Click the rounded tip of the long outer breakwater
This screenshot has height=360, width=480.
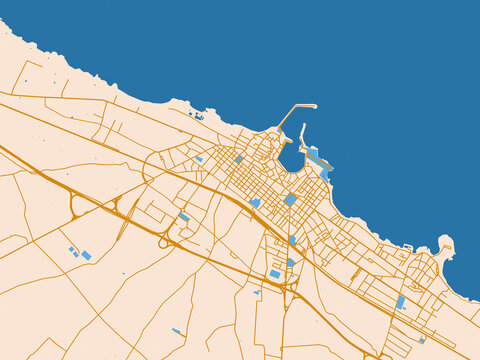(314, 105)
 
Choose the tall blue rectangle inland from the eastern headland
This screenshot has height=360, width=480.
(401, 301)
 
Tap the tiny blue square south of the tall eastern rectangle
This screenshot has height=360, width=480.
(421, 340)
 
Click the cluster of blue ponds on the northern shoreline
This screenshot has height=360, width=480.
(197, 116)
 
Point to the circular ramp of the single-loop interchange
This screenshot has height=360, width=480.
(163, 241)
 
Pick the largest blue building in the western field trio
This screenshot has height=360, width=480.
(86, 256)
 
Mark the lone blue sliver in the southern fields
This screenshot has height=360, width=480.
(177, 331)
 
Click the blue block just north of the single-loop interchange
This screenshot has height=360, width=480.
(184, 217)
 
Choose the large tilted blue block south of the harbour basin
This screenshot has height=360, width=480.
(290, 199)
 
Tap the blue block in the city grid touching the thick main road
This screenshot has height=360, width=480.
(255, 202)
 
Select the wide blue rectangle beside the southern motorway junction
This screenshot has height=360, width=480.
(275, 273)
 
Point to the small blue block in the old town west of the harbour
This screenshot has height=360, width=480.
(239, 158)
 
